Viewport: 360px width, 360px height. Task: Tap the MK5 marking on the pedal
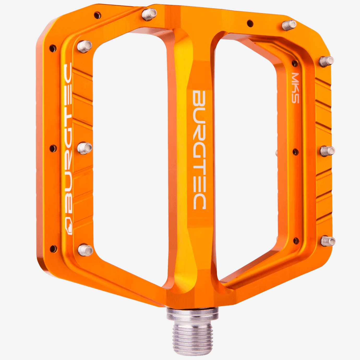295,88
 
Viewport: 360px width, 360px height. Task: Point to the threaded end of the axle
193,337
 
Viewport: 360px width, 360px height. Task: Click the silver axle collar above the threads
193,314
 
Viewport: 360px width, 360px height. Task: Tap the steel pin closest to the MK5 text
326,61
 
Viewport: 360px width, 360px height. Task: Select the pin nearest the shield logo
85,250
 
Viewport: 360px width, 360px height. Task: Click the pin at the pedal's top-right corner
289,25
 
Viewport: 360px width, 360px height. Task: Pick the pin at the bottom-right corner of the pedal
328,241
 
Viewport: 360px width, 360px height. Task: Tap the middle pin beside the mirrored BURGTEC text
85,148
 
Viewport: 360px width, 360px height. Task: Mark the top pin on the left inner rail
85,46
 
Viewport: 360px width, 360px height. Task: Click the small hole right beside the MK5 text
295,63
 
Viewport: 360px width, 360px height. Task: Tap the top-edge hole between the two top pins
250,23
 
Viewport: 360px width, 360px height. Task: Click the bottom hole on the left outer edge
53,249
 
